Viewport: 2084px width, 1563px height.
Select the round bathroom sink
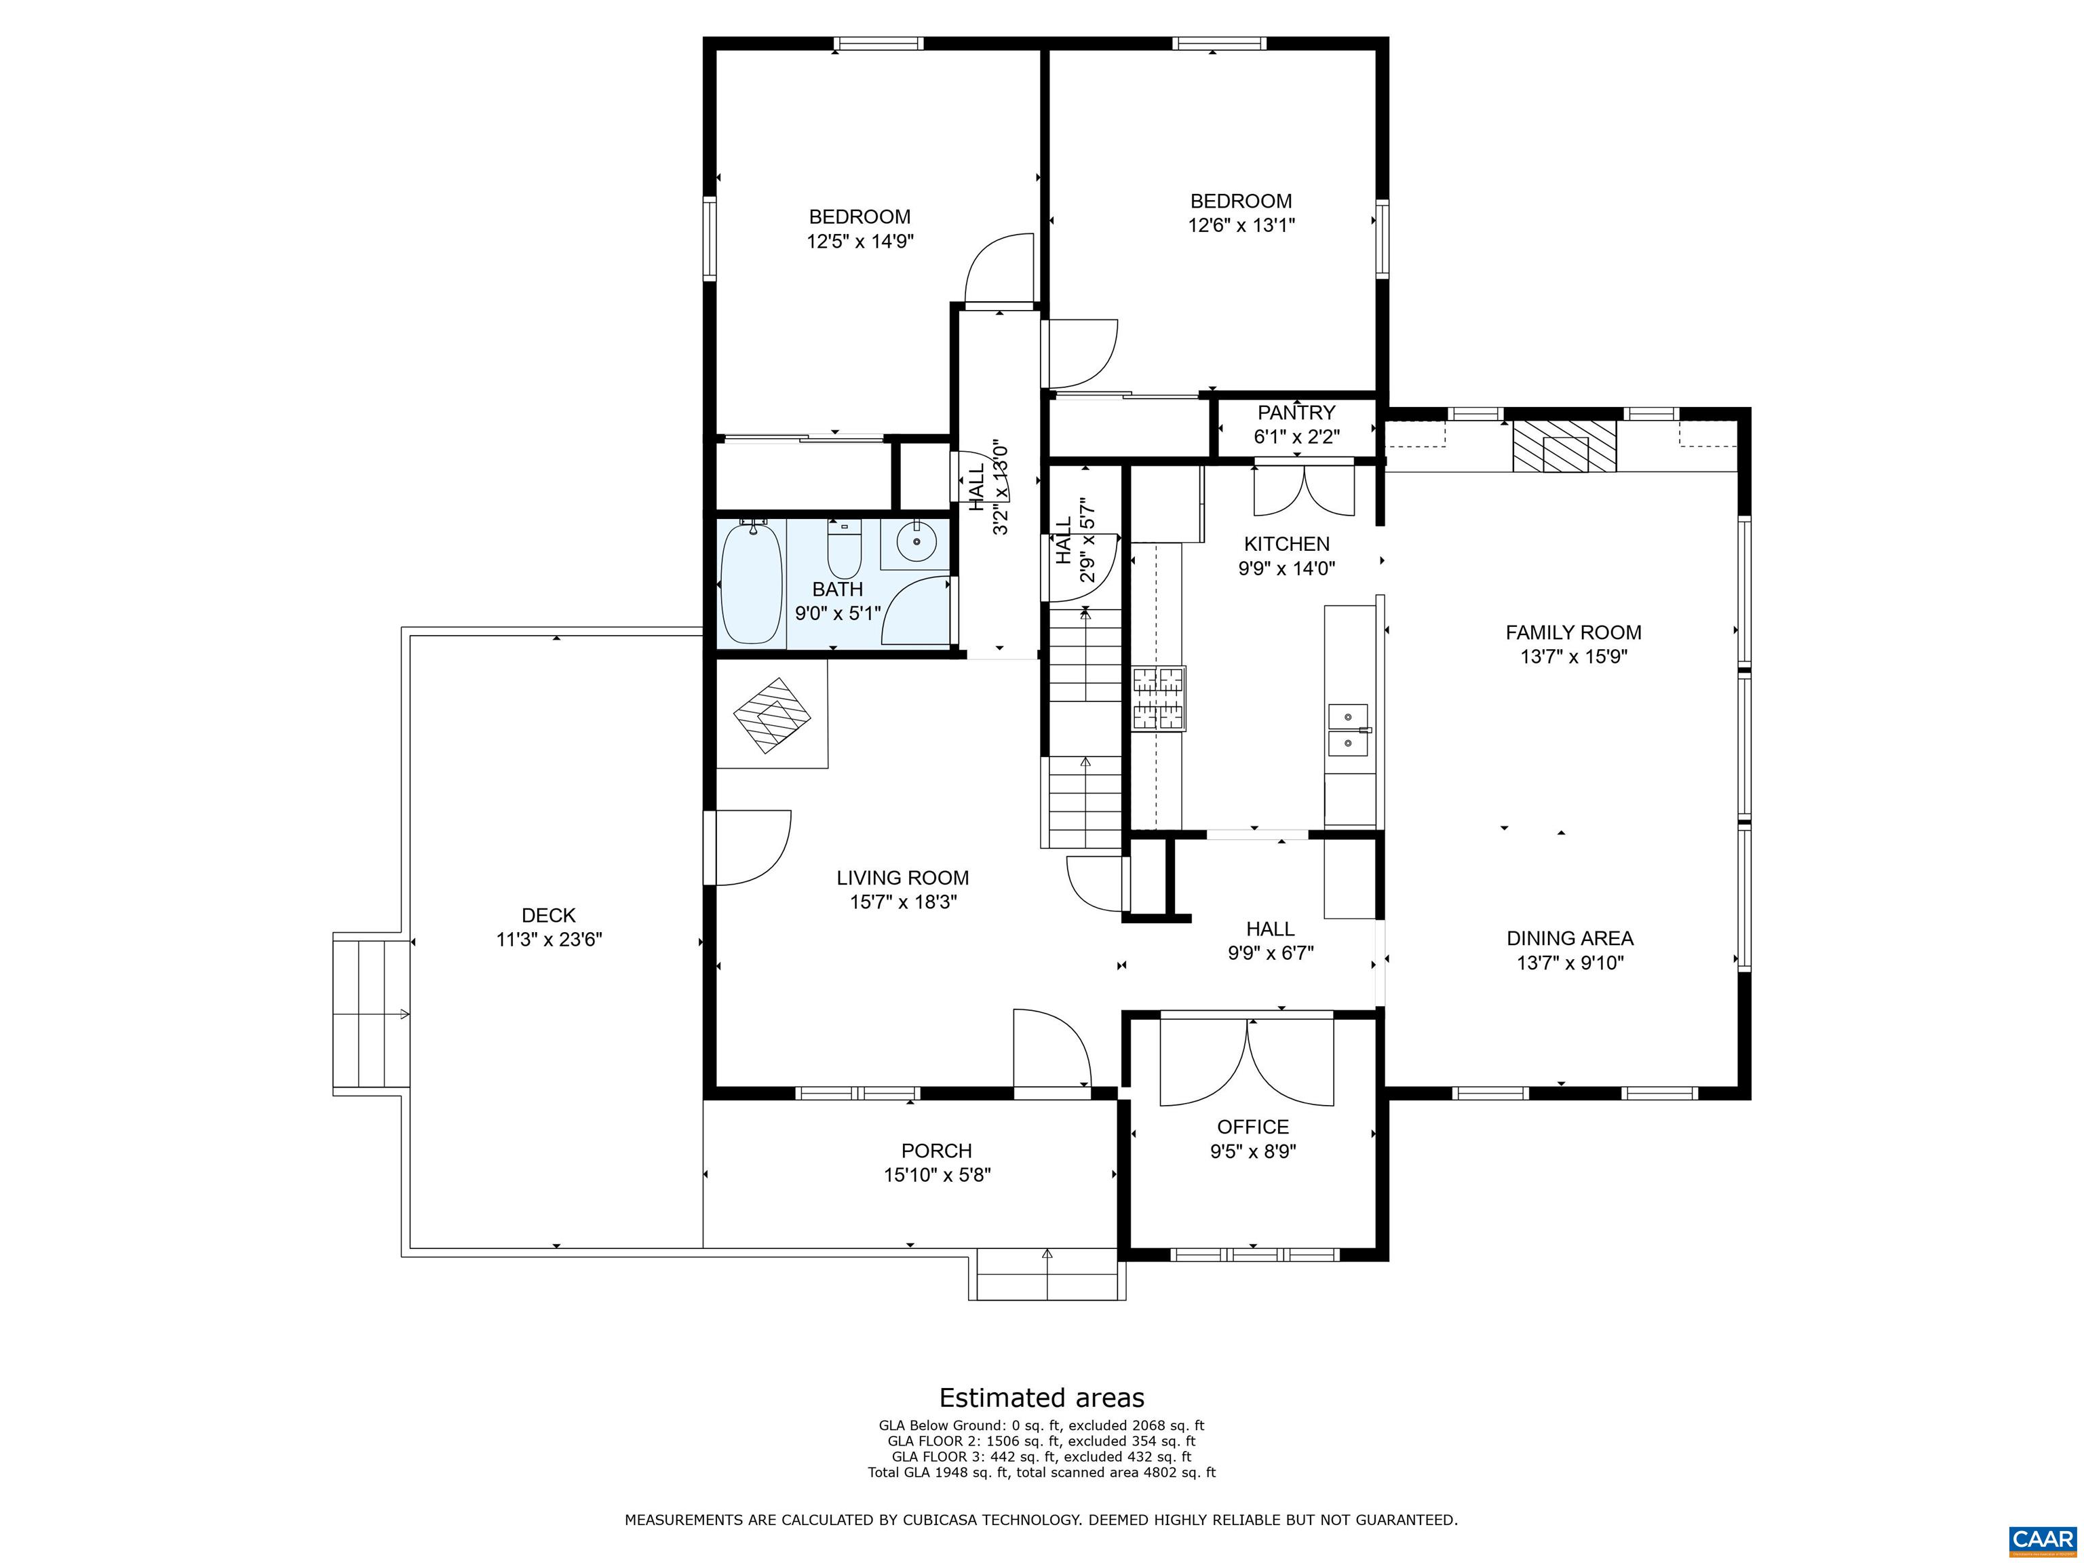[x=915, y=542]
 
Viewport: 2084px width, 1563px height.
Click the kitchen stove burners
[x=1159, y=698]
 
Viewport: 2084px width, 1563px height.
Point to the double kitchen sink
[x=1348, y=730]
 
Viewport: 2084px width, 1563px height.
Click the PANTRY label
[x=1296, y=412]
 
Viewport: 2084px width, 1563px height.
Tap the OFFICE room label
[x=1253, y=1127]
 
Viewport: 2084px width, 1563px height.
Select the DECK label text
[x=548, y=915]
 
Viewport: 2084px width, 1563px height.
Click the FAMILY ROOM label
[x=1573, y=632]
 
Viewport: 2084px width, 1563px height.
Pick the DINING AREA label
[x=1570, y=938]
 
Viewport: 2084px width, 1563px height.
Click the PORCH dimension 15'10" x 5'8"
[x=938, y=1175]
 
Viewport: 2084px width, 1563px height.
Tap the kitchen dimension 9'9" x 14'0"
[x=1287, y=568]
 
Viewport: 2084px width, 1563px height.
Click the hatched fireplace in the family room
[x=1564, y=446]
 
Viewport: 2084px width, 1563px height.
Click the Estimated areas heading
[x=1042, y=1397]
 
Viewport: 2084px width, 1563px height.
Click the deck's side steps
[x=371, y=1014]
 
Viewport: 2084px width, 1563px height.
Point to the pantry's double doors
[x=1304, y=489]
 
